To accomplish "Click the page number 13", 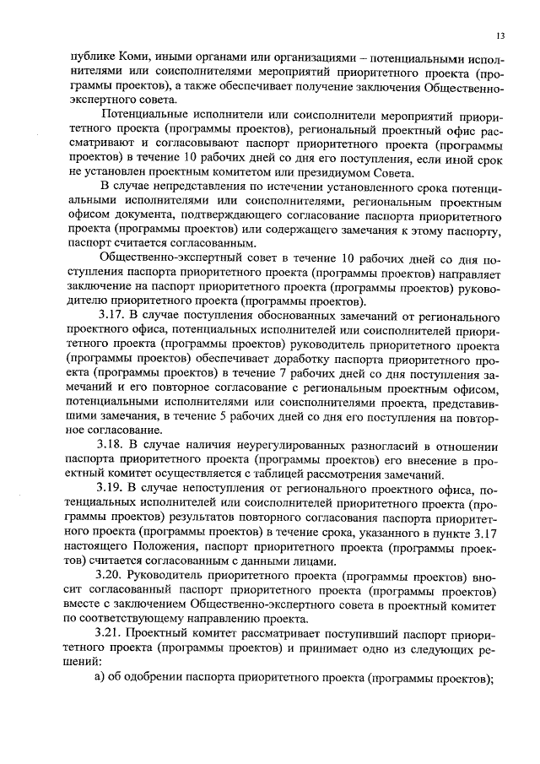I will [500, 36].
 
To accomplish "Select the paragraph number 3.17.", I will [114, 316].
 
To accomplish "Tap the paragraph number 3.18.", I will [114, 446].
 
